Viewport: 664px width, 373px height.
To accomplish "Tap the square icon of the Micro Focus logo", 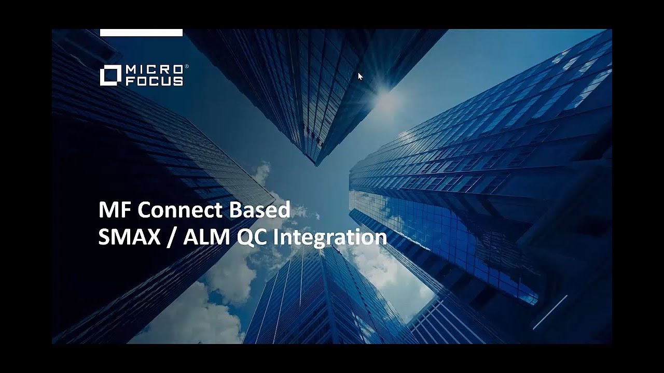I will click(x=110, y=75).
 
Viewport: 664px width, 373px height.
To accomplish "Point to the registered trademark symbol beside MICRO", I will click(x=187, y=67).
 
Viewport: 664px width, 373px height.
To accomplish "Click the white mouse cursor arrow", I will click(x=360, y=76).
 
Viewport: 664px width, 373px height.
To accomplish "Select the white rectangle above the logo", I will click(x=141, y=33).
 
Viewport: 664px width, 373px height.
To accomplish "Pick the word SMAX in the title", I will click(x=124, y=237).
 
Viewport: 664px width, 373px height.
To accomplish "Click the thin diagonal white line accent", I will click(x=550, y=312).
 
